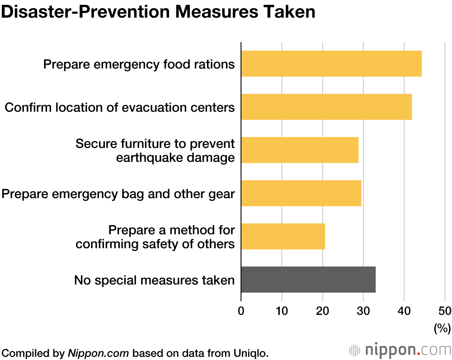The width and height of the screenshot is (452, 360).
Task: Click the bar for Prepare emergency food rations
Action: pyautogui.click(x=331, y=64)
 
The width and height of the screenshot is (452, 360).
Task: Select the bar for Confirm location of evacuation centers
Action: pyautogui.click(x=326, y=107)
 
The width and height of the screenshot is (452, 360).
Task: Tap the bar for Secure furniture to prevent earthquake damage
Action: pyautogui.click(x=300, y=150)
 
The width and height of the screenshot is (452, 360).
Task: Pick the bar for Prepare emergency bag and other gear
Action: pyautogui.click(x=301, y=193)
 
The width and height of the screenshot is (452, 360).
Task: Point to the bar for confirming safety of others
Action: pyautogui.click(x=283, y=236)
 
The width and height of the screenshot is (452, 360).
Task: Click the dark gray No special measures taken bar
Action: pyautogui.click(x=308, y=279)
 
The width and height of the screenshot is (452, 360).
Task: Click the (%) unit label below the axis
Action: pyautogui.click(x=442, y=328)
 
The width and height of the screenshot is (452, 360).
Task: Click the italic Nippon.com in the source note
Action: pyautogui.click(x=99, y=353)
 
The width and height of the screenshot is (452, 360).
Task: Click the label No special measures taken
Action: pyautogui.click(x=154, y=280)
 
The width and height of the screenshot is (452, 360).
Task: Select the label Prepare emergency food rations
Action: pyautogui.click(x=139, y=64)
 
